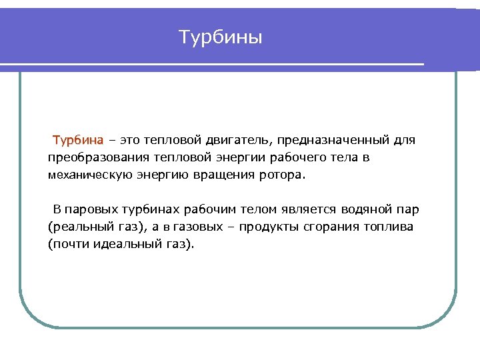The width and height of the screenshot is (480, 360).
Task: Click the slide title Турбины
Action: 221,37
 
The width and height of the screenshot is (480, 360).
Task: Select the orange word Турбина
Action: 78,141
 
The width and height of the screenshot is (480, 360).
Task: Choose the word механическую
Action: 87,175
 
